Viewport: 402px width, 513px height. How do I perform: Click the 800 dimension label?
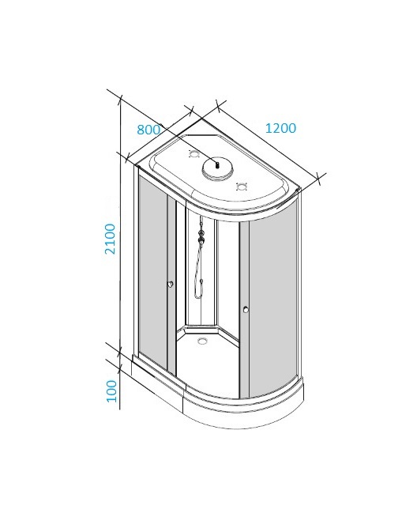coord(148,130)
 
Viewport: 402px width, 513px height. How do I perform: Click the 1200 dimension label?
coord(280,128)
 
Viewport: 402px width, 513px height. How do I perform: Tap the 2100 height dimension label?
coord(110,239)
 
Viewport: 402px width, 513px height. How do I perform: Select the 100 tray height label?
coord(111,391)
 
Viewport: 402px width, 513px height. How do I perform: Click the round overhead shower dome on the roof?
coord(218,168)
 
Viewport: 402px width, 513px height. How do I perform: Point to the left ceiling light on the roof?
coord(194,153)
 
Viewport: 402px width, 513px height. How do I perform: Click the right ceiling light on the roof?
coord(242,187)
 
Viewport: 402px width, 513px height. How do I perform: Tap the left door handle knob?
coord(171,284)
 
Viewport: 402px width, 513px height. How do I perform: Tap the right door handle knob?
coord(246,309)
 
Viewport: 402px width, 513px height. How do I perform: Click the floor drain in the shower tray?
coord(203,341)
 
